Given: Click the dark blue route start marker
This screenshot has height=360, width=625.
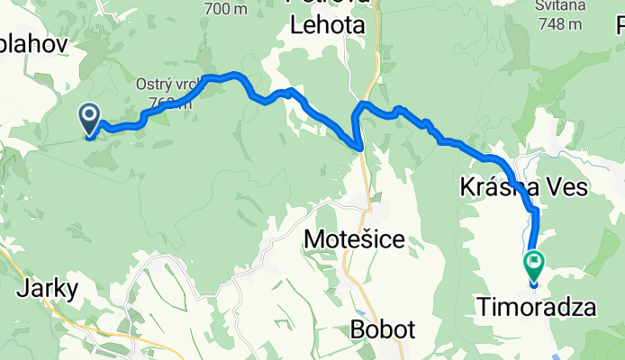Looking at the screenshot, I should coord(90,117).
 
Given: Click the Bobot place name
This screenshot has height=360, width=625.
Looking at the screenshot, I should coord(385,329).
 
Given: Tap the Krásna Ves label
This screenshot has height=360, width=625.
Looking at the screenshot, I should coord(523,187).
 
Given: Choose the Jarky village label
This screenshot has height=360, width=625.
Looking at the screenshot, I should coord(48,289).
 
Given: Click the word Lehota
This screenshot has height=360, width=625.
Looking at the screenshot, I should coord(328,26).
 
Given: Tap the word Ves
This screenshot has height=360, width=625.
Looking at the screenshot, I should coord(566,187).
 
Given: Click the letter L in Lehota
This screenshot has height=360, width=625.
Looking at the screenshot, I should coord(296,26).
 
